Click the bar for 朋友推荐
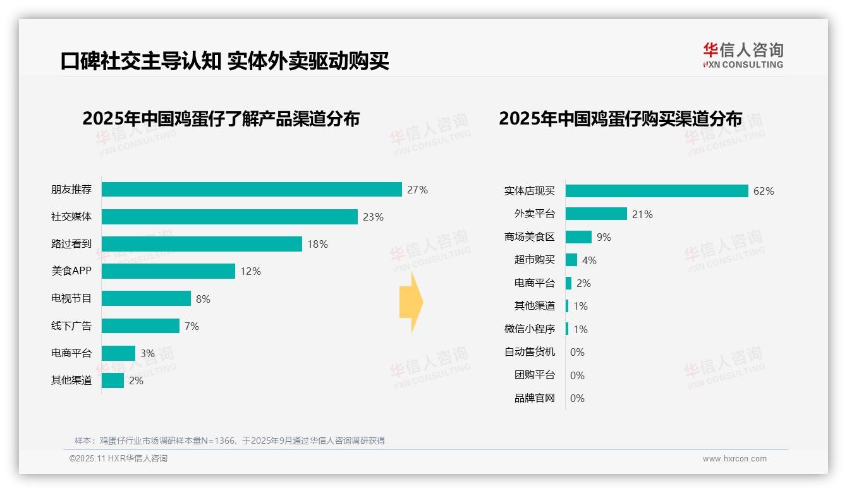pos(252,190)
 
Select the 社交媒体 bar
pos(229,217)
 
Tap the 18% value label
pos(317,244)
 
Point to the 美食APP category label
pos(71,271)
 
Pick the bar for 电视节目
pos(146,298)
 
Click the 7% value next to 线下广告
pos(192,326)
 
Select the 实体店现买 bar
pos(657,191)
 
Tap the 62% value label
pos(764,191)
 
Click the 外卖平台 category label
pos(534,214)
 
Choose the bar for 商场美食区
pos(578,237)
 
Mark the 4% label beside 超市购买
pos(589,260)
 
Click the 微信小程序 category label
pos(529,329)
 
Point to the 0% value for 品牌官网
pos(577,398)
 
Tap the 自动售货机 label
pos(529,352)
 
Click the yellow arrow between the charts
pos(411,302)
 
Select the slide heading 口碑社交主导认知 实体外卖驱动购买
pos(225,61)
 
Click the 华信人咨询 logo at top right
pos(743,56)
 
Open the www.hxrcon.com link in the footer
pos(734,459)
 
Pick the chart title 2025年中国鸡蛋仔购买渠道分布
pos(620,119)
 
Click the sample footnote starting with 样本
pos(229,441)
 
